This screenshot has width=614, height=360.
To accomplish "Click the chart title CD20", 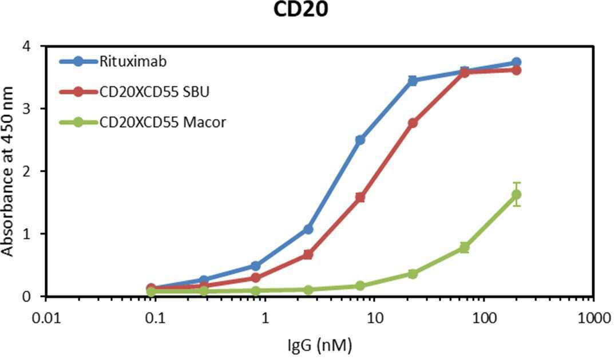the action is pos(300,10).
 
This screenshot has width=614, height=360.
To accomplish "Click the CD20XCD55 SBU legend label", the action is pos(155,92).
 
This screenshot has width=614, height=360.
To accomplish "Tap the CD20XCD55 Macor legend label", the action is pos(163,122).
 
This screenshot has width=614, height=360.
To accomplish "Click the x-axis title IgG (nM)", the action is pos(320,345).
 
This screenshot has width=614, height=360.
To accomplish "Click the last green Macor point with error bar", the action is pos(517,194).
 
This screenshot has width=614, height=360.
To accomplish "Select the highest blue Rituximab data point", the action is pos(517,62).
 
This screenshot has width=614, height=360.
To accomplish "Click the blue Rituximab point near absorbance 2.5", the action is pos(360,140).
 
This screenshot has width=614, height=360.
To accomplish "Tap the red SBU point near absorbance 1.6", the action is pos(360,197).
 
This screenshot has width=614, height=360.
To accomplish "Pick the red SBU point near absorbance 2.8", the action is pos(413,122).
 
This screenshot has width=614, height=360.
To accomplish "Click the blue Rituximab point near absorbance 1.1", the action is pos(308,229).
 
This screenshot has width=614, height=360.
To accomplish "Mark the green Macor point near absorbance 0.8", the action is pos(465,248).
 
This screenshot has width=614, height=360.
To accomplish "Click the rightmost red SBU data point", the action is pos(517,70).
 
